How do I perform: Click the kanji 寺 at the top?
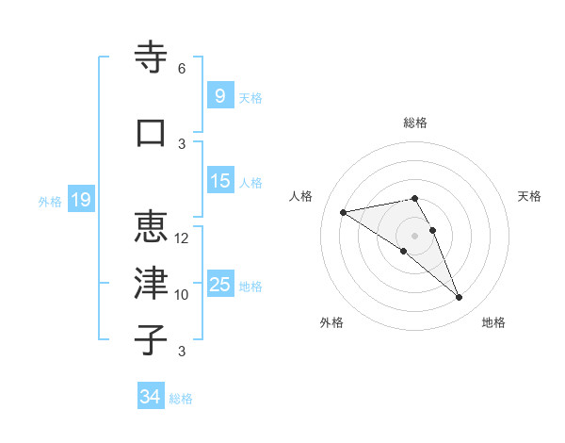pyautogui.click(x=152, y=57)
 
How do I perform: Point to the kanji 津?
pyautogui.click(x=152, y=283)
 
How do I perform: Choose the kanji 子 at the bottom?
pyautogui.click(x=152, y=339)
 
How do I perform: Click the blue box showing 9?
pyautogui.click(x=219, y=96)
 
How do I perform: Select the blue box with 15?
pyautogui.click(x=219, y=181)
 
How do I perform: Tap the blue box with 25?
pyautogui.click(x=219, y=285)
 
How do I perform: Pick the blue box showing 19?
pyautogui.click(x=80, y=200)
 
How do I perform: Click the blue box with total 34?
pyautogui.click(x=150, y=397)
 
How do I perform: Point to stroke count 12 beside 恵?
pyautogui.click(x=182, y=238)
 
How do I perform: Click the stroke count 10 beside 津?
pyautogui.click(x=182, y=295)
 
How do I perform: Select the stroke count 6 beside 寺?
pyautogui.click(x=182, y=69)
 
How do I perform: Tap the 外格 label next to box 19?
pyautogui.click(x=49, y=201)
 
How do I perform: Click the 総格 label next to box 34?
pyautogui.click(x=181, y=399)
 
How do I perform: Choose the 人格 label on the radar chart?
pyautogui.click(x=301, y=196)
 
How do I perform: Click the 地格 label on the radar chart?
pyautogui.click(x=493, y=322)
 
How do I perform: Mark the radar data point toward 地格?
pyautogui.click(x=460, y=298)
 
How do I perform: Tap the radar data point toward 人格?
pyautogui.click(x=343, y=211)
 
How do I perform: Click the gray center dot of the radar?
pyautogui.click(x=414, y=235)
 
